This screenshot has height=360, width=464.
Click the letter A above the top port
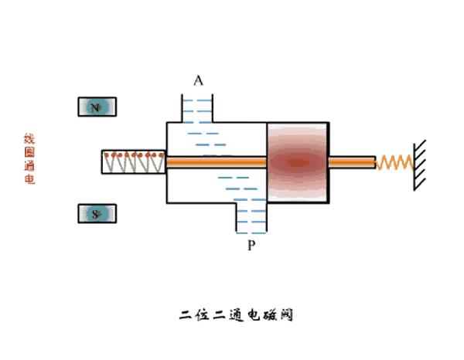[x=199, y=80]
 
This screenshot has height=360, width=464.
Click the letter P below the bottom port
[x=251, y=246]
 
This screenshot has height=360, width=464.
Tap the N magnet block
[x=97, y=107]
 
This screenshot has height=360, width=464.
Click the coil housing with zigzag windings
[x=133, y=162]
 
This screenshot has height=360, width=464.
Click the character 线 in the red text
[x=29, y=139]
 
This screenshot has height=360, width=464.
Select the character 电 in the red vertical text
[x=29, y=180]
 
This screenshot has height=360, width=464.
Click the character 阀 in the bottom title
[x=285, y=315]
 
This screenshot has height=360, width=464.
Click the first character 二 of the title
[x=186, y=315]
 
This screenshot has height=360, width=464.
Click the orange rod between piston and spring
[x=352, y=162]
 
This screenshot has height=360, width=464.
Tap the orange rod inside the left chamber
[x=216, y=162]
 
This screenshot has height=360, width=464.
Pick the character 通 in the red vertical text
[x=29, y=166]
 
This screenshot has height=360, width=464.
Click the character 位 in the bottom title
[x=205, y=315]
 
